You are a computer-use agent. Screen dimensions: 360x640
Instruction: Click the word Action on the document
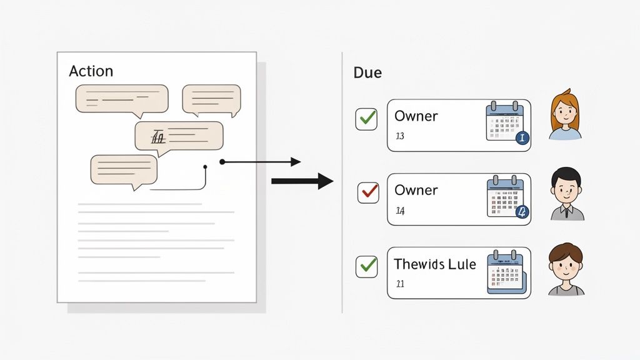(91, 71)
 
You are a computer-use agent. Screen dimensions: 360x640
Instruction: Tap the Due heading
(367, 72)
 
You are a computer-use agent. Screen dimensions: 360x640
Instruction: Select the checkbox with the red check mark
(367, 192)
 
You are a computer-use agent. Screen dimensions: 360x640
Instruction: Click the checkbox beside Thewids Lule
(366, 267)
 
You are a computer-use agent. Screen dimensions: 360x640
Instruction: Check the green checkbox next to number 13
(366, 119)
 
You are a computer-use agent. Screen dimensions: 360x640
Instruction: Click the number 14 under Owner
(400, 211)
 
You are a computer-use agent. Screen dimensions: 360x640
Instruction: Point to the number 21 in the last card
(400, 284)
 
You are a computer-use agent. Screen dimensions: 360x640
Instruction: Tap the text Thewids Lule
(435, 264)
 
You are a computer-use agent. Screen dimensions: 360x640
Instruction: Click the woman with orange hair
(565, 115)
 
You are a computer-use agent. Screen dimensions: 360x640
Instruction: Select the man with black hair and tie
(567, 194)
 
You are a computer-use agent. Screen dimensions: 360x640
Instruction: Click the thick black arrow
(302, 181)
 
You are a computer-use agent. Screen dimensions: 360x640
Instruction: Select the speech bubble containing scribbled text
(179, 136)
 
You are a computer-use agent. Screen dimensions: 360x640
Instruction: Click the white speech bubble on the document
(211, 99)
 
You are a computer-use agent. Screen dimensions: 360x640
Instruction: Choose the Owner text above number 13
(416, 116)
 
